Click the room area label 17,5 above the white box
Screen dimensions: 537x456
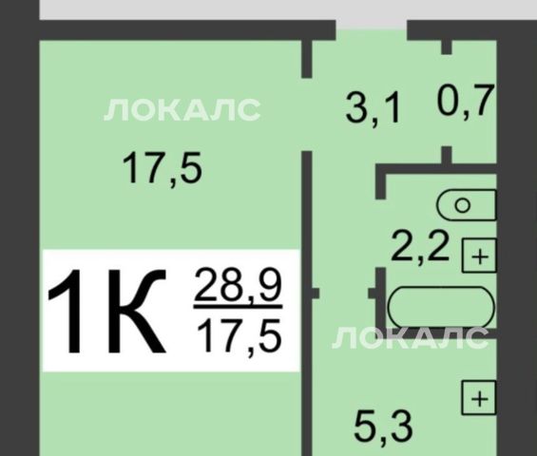click(x=162, y=169)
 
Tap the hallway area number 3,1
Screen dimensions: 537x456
click(x=373, y=109)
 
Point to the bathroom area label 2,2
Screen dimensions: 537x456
click(x=420, y=246)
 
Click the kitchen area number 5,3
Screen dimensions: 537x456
click(x=383, y=427)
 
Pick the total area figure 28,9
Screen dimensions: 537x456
click(x=238, y=285)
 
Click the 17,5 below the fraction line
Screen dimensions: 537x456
click(x=240, y=336)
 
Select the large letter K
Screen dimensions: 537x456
click(x=137, y=311)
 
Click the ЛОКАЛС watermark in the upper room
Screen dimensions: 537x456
click(x=182, y=109)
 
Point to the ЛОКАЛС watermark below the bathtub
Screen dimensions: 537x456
click(x=410, y=338)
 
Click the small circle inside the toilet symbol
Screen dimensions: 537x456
click(x=462, y=205)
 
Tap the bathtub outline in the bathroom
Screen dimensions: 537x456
click(x=441, y=307)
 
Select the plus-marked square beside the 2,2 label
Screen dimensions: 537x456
click(x=479, y=256)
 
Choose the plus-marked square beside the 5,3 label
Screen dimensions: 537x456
click(x=479, y=398)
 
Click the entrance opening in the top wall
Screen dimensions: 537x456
click(x=371, y=25)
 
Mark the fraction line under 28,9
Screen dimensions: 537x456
click(x=238, y=306)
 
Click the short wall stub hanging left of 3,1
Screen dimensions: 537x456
click(x=306, y=59)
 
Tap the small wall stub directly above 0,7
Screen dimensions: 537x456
click(x=447, y=47)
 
